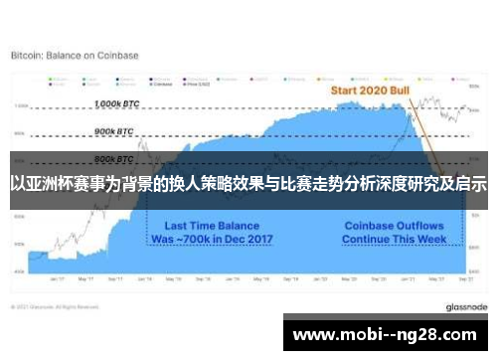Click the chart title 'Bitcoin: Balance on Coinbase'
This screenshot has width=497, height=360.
(75, 56)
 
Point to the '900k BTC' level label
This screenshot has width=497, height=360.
(113, 130)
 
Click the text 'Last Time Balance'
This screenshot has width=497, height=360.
(207, 226)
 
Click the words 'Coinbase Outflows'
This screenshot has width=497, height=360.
(393, 226)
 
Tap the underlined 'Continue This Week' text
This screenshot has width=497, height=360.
(393, 240)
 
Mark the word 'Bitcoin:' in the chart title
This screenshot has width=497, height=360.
(28, 56)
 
